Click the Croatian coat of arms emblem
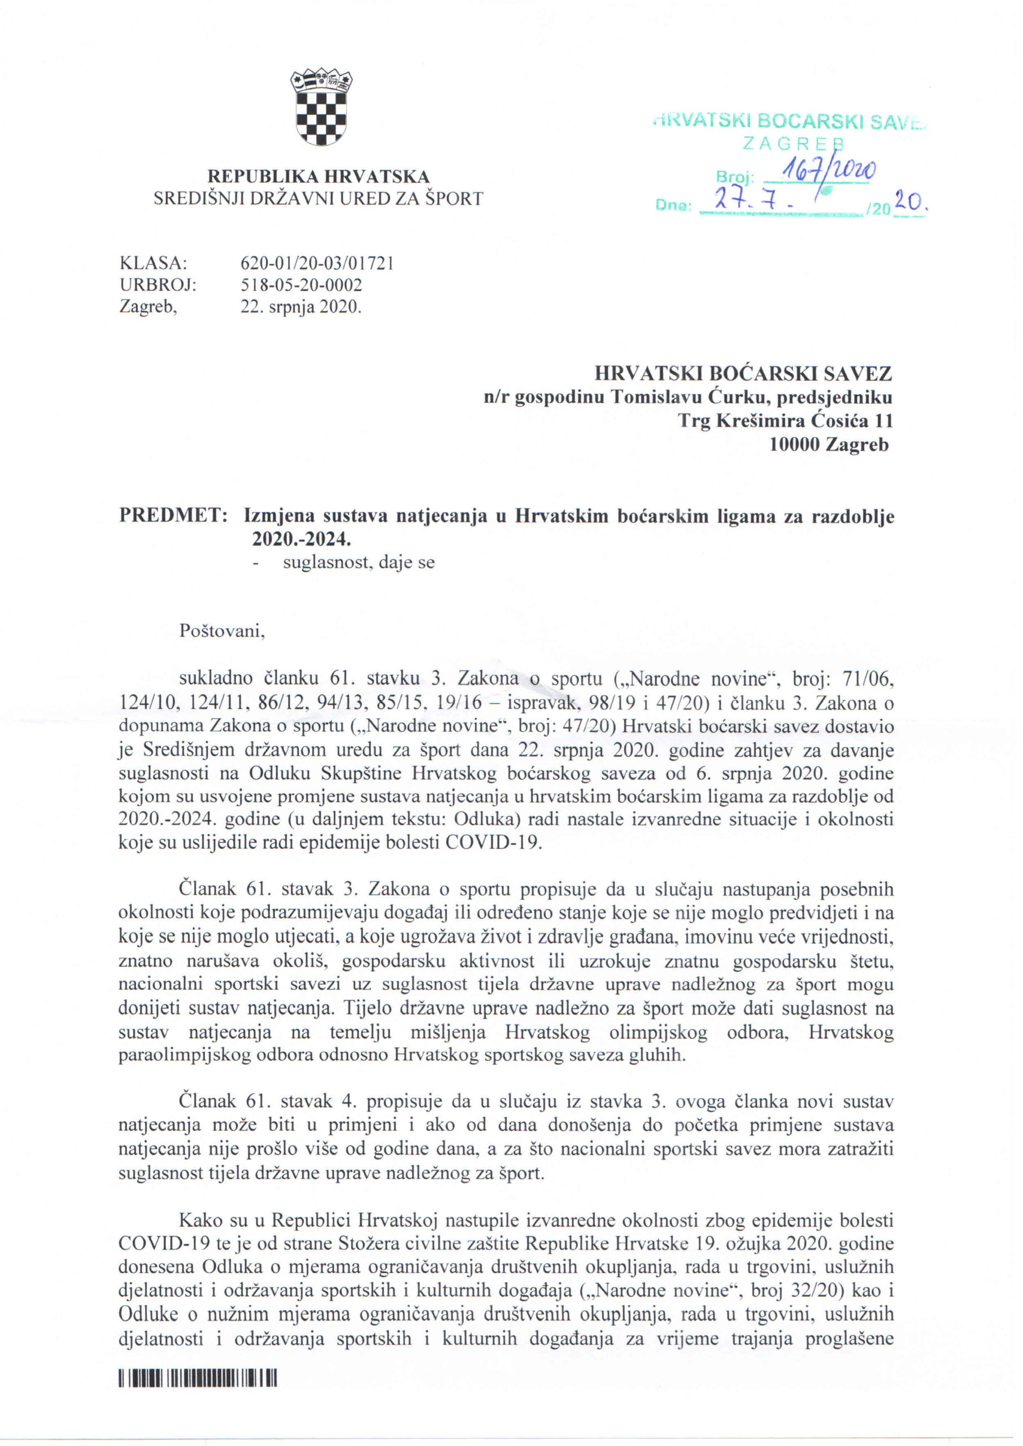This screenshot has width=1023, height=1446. tap(321, 107)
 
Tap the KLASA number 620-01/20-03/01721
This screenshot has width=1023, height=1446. tap(317, 263)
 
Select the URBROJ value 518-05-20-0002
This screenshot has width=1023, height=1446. tap(302, 285)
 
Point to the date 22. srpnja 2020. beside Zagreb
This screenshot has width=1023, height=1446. tap(301, 308)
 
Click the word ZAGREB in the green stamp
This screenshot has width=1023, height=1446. tap(793, 144)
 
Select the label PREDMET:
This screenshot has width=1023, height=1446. tap(173, 516)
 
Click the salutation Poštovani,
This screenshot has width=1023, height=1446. tap(223, 631)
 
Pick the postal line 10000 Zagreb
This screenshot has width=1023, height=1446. tap(828, 445)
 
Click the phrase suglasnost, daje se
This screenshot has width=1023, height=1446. tap(359, 563)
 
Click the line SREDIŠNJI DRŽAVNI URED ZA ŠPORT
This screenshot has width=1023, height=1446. tap(319, 199)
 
